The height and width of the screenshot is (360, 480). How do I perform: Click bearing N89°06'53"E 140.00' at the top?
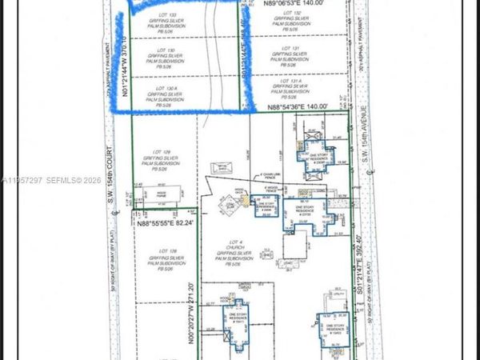296,4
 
